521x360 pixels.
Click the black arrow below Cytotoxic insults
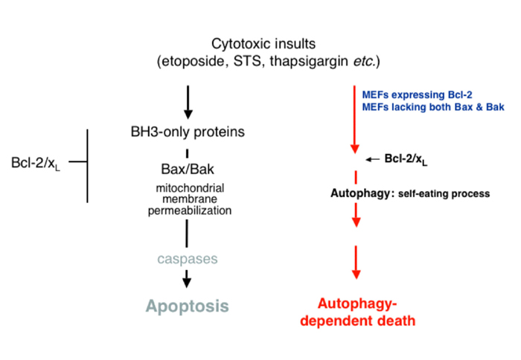click(187, 103)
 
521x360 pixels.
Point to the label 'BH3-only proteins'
click(187, 133)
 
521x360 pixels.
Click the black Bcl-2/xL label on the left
click(35, 163)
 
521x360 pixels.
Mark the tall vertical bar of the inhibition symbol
click(89, 165)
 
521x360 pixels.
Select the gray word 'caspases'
click(187, 259)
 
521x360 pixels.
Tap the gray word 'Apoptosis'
click(187, 306)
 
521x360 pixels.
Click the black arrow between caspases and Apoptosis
click(187, 277)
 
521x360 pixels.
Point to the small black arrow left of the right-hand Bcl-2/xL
click(372, 158)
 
